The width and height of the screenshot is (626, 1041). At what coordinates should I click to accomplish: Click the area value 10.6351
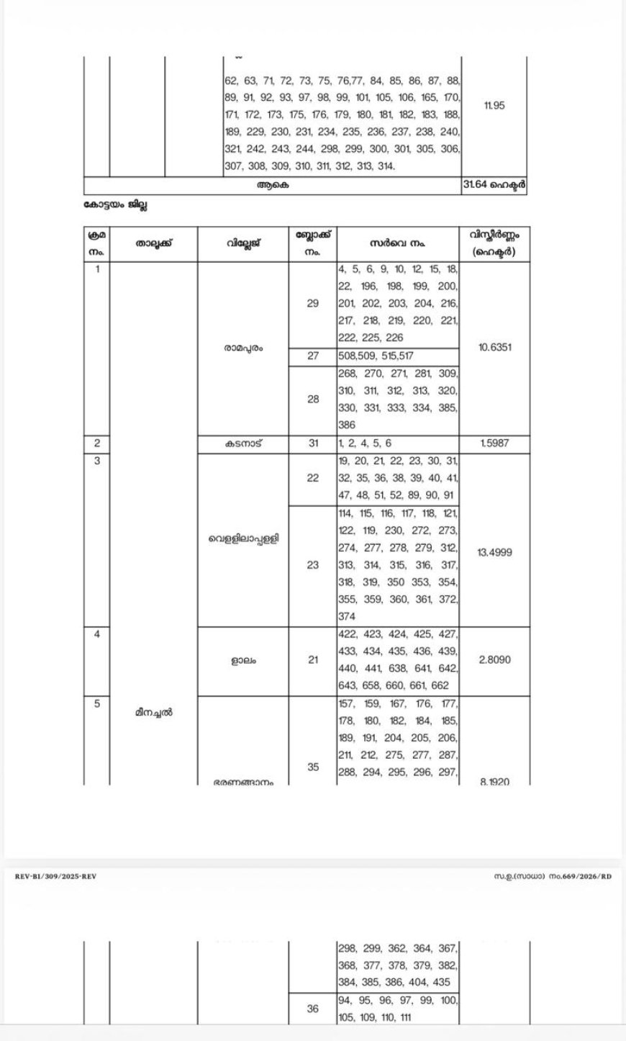click(495, 348)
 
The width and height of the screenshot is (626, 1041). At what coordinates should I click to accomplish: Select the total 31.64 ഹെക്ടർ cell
click(495, 185)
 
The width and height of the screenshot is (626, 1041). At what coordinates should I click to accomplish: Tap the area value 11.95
click(494, 105)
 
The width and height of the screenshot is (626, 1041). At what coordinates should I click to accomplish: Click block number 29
click(312, 303)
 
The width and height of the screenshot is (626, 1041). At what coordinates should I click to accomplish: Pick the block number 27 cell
click(312, 356)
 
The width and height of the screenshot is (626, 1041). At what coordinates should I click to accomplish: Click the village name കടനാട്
click(242, 443)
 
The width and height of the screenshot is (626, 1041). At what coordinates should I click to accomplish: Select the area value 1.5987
click(495, 443)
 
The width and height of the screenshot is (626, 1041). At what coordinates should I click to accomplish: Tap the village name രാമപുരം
click(242, 348)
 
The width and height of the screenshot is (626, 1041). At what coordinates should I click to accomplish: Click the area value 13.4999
click(495, 553)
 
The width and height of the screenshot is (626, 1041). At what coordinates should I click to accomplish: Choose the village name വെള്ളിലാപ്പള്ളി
click(242, 538)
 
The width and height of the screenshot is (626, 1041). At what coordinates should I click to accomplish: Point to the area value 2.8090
click(495, 659)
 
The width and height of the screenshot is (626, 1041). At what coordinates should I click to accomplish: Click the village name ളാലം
click(242, 659)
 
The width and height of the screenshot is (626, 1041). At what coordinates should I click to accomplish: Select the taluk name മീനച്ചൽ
click(153, 712)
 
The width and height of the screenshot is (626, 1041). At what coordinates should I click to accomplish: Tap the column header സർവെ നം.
click(398, 243)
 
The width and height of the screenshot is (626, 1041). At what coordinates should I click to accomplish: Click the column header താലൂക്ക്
click(153, 243)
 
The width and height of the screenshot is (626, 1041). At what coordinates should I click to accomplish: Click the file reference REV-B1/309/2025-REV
click(55, 876)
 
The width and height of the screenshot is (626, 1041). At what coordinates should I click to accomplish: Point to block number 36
click(312, 1009)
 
